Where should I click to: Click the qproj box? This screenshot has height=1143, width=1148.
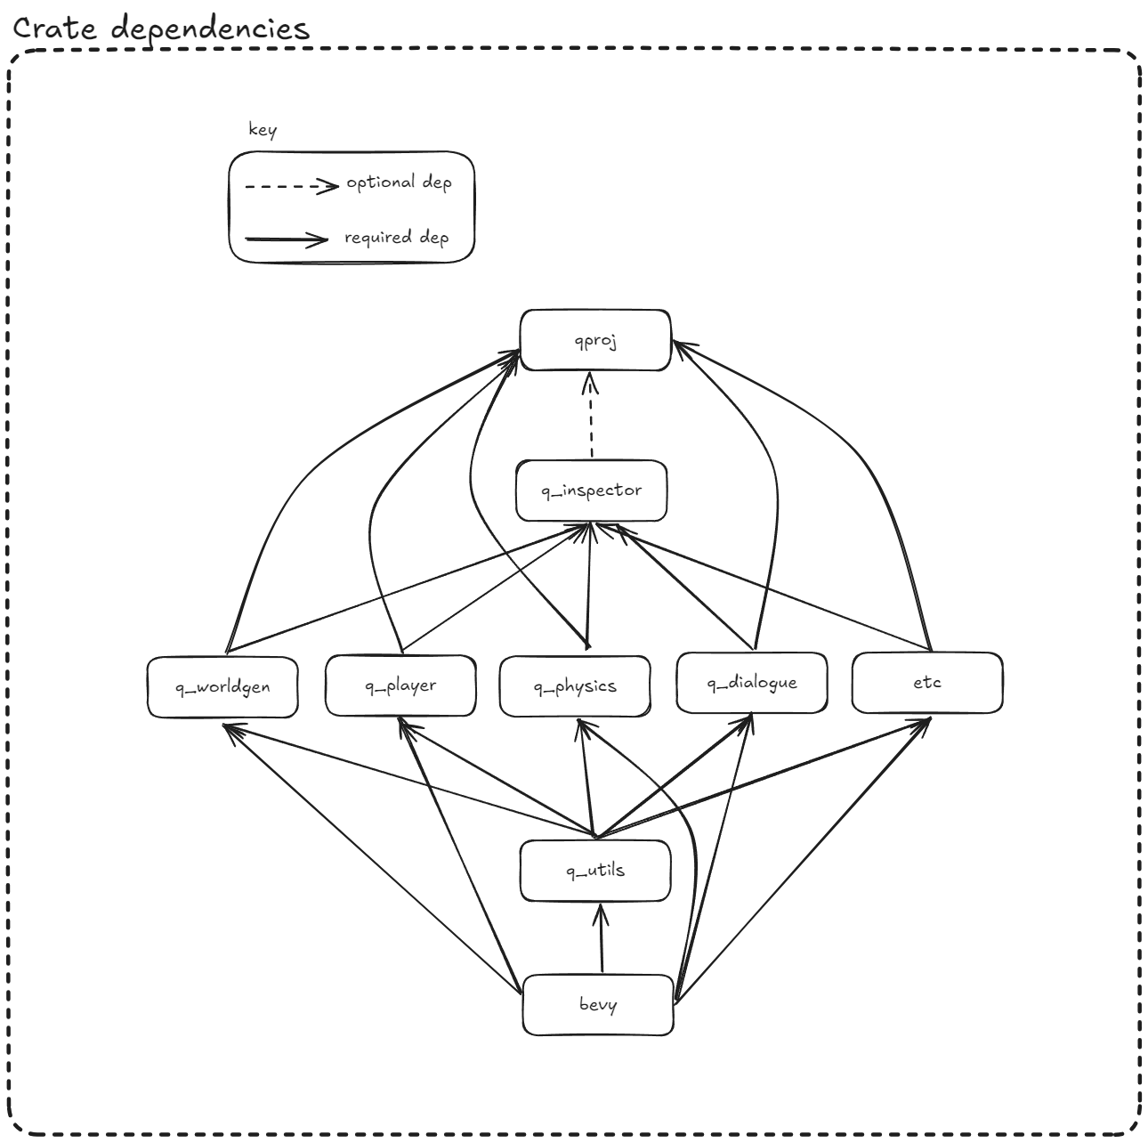595,340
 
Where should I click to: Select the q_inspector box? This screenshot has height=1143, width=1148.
591,490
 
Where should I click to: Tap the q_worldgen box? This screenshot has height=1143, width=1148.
222,686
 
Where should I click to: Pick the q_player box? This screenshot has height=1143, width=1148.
400,685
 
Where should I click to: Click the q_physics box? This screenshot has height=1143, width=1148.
575,686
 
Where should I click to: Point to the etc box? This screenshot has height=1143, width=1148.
927,683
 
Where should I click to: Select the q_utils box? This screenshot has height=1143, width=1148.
595,871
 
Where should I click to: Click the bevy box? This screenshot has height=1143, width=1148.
598,1005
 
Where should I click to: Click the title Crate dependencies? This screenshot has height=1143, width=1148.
161,28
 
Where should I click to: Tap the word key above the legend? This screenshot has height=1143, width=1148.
263,130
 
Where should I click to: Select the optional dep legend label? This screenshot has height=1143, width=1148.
399,182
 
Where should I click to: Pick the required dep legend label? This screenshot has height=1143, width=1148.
397,238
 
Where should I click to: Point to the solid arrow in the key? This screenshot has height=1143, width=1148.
287,239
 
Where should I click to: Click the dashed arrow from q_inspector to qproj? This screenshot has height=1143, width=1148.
590,418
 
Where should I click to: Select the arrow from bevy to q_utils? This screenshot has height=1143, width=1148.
602,939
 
